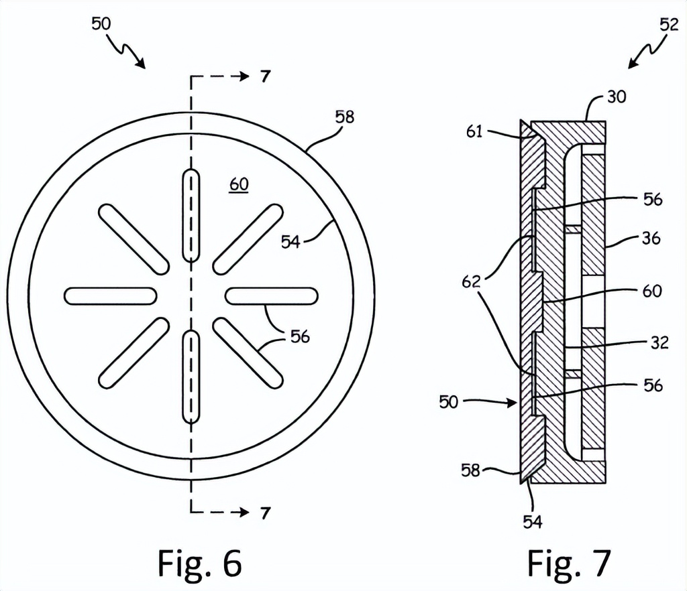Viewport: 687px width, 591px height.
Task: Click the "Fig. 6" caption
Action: (x=199, y=562)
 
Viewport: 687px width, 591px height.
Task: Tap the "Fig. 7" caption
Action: (x=569, y=562)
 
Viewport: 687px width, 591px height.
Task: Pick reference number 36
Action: (x=650, y=238)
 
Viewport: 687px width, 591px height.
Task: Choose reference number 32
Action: (x=659, y=342)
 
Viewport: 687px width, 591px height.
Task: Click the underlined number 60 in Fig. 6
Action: (x=238, y=184)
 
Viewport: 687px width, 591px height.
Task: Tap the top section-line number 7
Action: (x=266, y=76)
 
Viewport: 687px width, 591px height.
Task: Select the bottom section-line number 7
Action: (x=266, y=514)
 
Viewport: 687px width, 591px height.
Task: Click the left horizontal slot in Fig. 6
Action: (x=111, y=295)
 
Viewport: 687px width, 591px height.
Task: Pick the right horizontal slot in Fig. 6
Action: (x=271, y=295)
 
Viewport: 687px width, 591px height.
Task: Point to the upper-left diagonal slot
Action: (x=134, y=239)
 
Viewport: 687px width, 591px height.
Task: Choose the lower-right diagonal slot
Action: (x=248, y=352)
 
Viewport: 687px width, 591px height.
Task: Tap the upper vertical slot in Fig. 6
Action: (x=191, y=216)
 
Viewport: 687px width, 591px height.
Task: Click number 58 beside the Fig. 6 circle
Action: (x=344, y=117)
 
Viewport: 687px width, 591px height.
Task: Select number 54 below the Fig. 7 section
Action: (x=533, y=521)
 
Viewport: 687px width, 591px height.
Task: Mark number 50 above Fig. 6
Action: (x=102, y=24)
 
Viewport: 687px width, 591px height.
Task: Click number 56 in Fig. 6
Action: (x=300, y=337)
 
